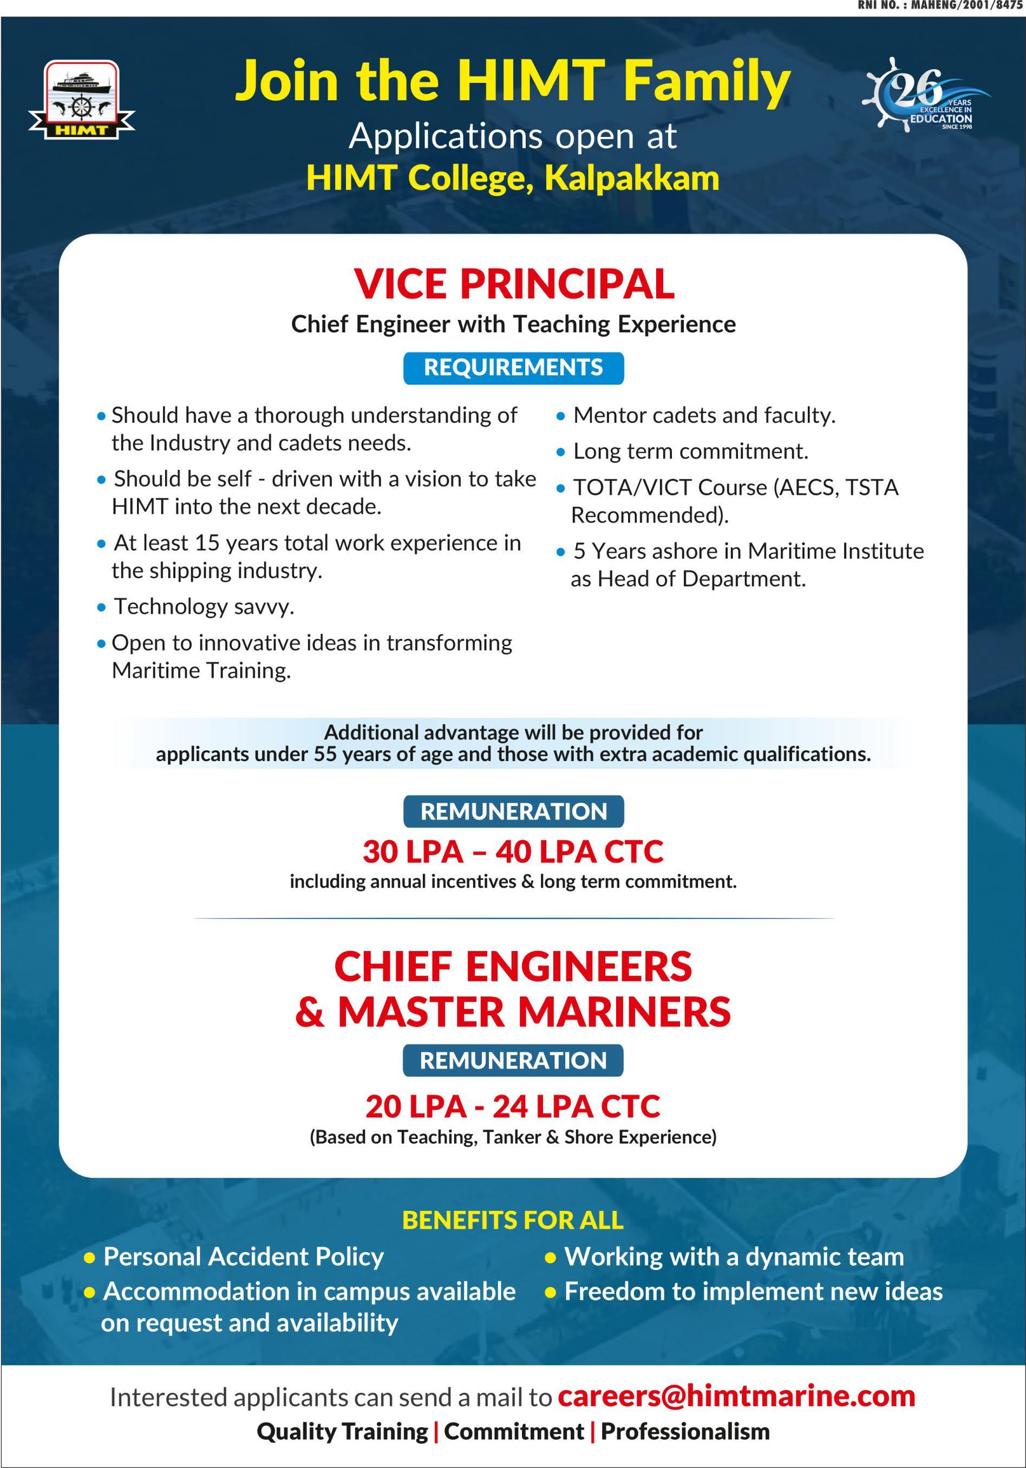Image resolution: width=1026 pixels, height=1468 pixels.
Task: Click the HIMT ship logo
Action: point(81,99)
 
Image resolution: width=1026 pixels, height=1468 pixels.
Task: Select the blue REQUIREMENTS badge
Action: point(513,368)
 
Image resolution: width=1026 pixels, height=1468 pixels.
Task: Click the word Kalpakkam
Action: point(631,178)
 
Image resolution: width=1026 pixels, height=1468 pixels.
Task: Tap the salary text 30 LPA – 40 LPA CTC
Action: point(513,851)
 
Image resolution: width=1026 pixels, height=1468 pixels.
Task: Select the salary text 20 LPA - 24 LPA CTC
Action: point(513,1106)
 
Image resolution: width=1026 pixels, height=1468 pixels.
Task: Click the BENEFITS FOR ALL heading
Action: point(513,1220)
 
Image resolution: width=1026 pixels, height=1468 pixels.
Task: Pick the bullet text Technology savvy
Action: point(204,606)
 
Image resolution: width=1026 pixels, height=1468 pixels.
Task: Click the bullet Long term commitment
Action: point(690,451)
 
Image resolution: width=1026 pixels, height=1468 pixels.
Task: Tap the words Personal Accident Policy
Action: point(243,1256)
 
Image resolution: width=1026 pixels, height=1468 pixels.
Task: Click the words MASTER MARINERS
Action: point(533,1012)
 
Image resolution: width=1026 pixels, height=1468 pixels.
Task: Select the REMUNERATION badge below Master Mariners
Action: point(513,1060)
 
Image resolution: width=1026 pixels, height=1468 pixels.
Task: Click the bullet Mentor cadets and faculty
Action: point(704,416)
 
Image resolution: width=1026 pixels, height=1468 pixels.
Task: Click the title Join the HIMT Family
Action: point(513,81)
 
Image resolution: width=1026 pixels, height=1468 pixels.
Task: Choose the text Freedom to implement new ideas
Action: point(753,1292)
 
